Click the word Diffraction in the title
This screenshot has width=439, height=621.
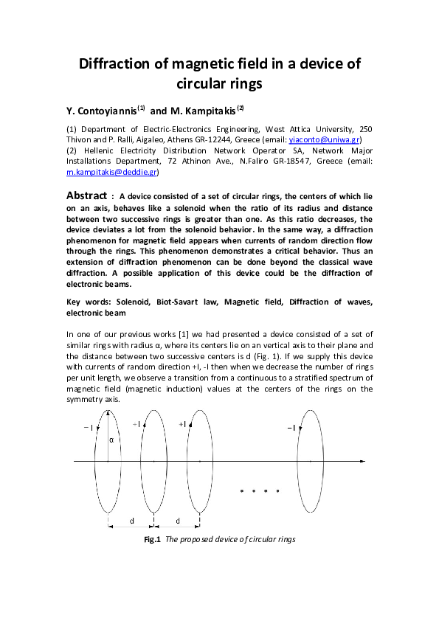pos(122,63)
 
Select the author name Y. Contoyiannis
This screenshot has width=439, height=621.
pos(101,111)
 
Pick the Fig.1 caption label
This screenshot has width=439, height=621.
pos(152,539)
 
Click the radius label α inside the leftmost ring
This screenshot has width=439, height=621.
pos(111,440)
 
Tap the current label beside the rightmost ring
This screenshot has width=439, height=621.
pos(291,428)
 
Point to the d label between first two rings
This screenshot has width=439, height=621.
pos(132,521)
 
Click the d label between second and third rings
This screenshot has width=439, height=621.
pos(178,521)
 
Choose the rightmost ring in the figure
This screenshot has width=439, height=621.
pos(310,461)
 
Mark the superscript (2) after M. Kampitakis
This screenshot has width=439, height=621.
pos(240,108)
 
